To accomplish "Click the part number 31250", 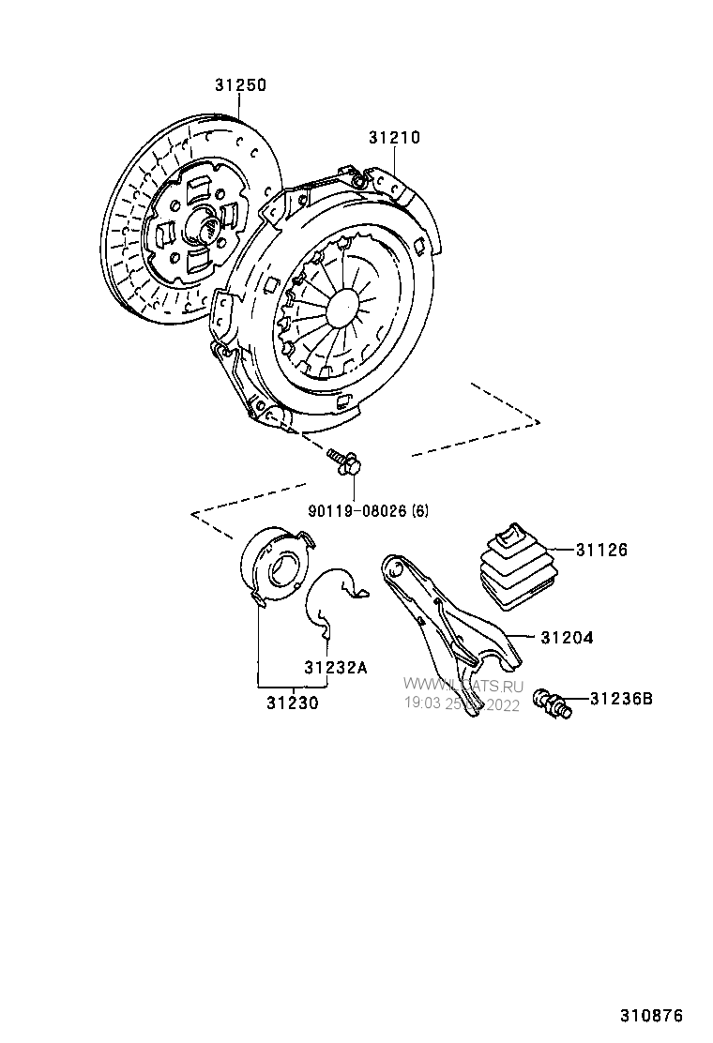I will [240, 85].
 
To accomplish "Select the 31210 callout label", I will [394, 138].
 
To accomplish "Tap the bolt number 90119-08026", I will [357, 511].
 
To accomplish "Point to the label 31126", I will [601, 550].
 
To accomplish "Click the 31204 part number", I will [567, 637].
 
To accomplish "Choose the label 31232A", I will [335, 668].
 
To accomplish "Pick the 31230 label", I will [291, 702].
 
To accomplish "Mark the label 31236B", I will [623, 698].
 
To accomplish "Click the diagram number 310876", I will [650, 1016].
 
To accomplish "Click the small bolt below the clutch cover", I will [344, 461].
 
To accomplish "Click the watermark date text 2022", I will [502, 705].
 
